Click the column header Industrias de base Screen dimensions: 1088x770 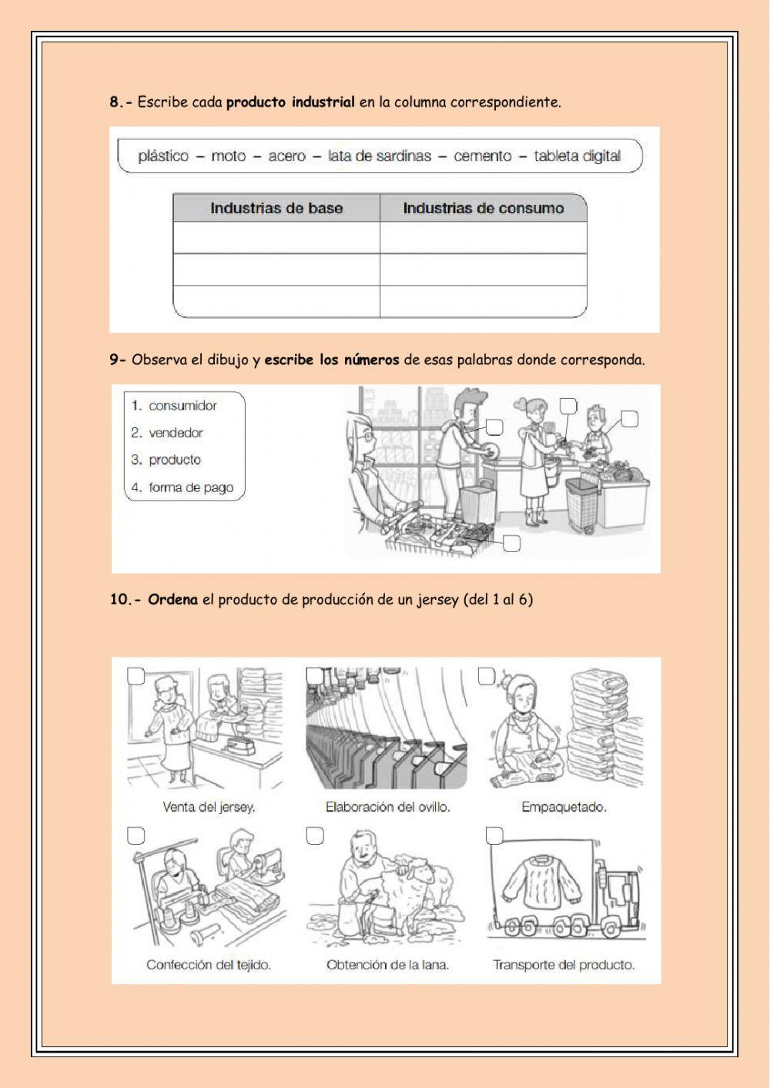coord(276,208)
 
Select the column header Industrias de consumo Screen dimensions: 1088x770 coord(483,208)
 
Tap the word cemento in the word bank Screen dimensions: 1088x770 coord(482,156)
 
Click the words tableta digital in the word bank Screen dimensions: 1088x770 coord(577,156)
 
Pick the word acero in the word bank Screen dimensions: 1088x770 coord(286,156)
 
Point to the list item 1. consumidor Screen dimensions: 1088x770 coord(174,406)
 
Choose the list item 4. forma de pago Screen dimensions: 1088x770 coord(182,487)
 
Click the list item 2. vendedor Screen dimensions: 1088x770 coord(167,433)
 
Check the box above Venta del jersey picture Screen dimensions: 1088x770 coord(136,676)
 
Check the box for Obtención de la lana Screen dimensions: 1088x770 coord(315,836)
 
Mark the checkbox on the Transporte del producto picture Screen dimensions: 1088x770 coord(494,835)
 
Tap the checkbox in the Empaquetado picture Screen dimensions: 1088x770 coord(486,676)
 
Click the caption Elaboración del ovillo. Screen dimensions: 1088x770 coord(387,807)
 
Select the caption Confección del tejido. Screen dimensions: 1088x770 coord(209,965)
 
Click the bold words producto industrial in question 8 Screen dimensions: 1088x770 coord(290,102)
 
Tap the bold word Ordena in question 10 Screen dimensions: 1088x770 coord(172,599)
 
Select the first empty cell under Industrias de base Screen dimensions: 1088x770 coord(276,238)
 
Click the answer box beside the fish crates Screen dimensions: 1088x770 coord(511,544)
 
